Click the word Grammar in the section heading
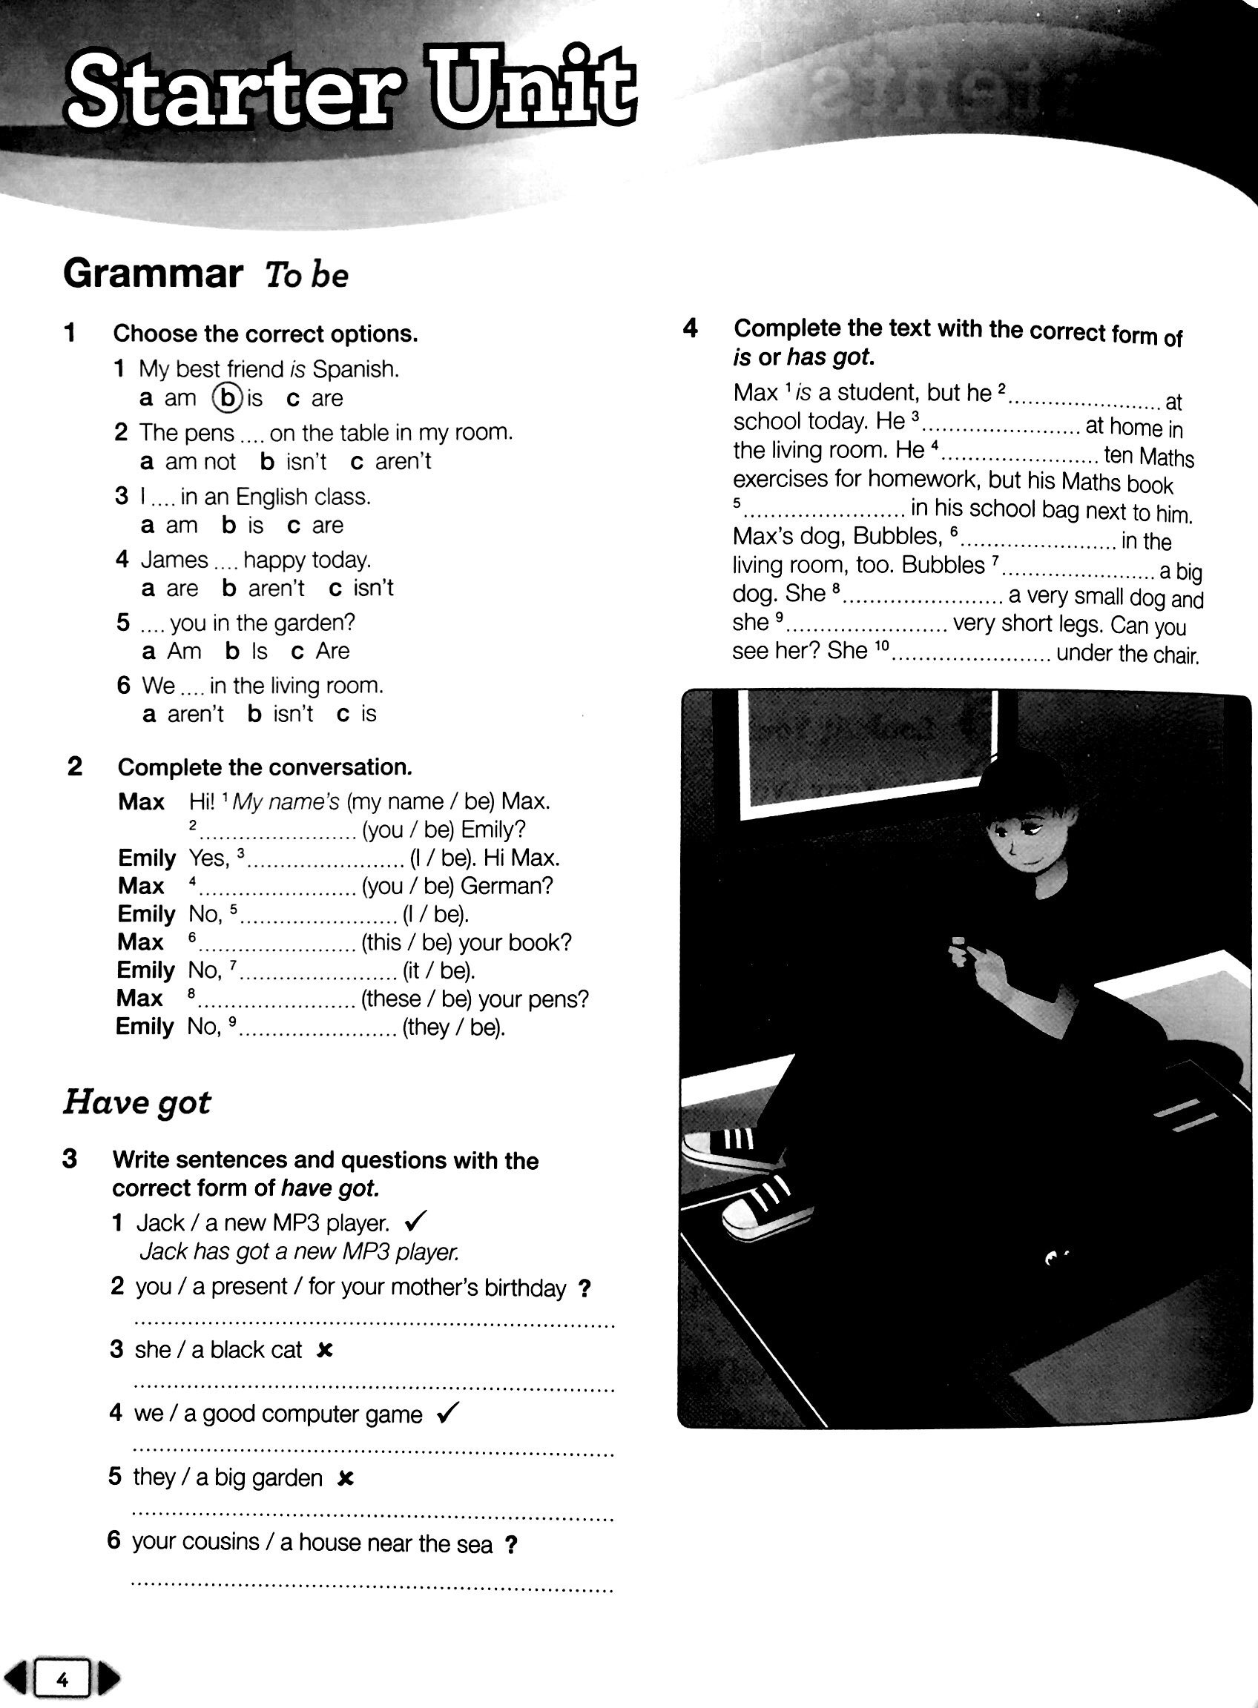(x=153, y=274)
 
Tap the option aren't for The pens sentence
(x=403, y=461)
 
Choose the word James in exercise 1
(x=174, y=560)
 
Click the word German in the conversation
(x=507, y=886)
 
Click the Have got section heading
(x=137, y=1102)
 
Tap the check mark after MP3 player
(x=417, y=1222)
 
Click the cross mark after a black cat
(x=325, y=1350)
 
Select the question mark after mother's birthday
(x=584, y=1288)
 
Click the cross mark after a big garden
(x=346, y=1478)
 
